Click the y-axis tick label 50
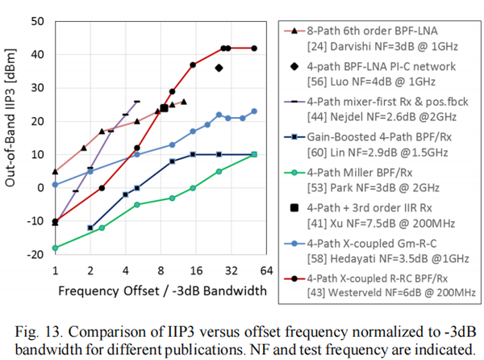tap(37, 20)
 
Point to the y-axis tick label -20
tap(35, 254)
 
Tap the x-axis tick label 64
tap(265, 270)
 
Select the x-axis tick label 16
tap(195, 270)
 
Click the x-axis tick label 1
tap(55, 270)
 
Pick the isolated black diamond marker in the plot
tap(219, 68)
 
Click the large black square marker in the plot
tap(164, 108)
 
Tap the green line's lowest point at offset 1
tap(55, 248)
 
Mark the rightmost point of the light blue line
tap(254, 111)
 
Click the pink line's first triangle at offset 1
tap(55, 171)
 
